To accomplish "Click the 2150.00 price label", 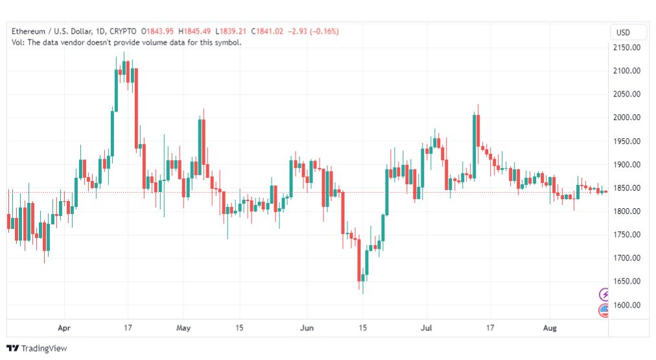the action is (x=627, y=48).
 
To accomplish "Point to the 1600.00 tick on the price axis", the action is (x=627, y=305).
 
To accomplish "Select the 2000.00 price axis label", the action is (x=627, y=117).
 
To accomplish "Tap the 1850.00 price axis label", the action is (x=627, y=188).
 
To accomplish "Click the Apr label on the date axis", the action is (x=64, y=328).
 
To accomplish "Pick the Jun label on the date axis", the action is (x=307, y=328).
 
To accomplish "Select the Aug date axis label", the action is (x=550, y=328).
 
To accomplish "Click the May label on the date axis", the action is (x=183, y=328).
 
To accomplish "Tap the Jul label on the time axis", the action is (x=427, y=328).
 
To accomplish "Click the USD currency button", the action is (x=623, y=32).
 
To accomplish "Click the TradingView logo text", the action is (x=44, y=348).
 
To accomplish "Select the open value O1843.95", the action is (x=158, y=31).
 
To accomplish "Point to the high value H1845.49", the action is (x=194, y=31).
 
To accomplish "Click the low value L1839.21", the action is (x=231, y=31).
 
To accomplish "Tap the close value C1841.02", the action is (x=267, y=31).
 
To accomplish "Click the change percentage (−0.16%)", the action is (x=324, y=31).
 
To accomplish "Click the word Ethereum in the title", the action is (x=29, y=31).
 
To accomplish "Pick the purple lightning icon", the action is (x=604, y=294).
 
